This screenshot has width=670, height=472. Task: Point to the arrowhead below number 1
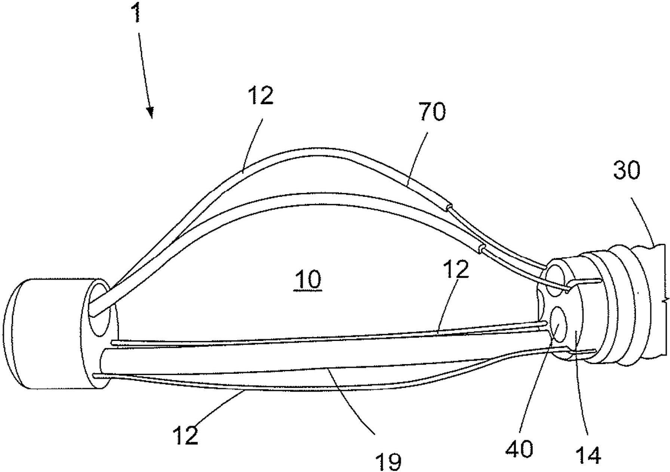pyautogui.click(x=150, y=113)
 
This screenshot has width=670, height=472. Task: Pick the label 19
pyautogui.click(x=388, y=460)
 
